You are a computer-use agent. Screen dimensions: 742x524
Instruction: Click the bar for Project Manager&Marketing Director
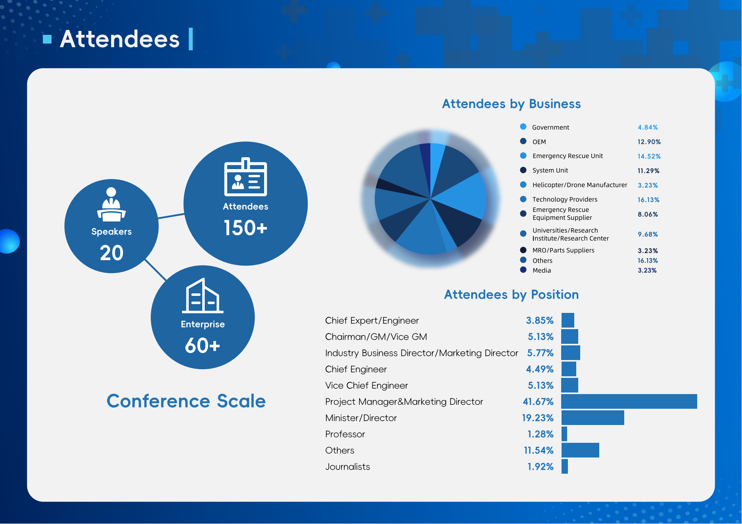click(x=629, y=401)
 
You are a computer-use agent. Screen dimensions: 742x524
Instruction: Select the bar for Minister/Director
click(x=593, y=417)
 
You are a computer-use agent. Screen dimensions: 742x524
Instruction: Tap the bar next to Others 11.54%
click(x=580, y=450)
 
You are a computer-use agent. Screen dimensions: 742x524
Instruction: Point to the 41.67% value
click(x=538, y=402)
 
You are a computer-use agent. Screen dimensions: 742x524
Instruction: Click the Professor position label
click(x=345, y=434)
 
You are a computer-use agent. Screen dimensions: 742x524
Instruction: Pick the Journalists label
click(x=348, y=467)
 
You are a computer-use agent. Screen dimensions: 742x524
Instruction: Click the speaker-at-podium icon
click(x=111, y=204)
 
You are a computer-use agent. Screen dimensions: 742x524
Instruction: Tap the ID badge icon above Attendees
click(x=245, y=177)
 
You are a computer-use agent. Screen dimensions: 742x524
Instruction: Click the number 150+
click(x=245, y=228)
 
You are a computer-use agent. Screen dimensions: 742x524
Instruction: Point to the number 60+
click(x=202, y=345)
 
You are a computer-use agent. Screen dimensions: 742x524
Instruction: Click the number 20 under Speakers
click(x=112, y=253)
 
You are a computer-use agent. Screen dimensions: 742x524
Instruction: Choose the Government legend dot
click(x=523, y=127)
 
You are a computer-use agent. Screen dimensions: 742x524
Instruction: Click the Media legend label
click(x=542, y=271)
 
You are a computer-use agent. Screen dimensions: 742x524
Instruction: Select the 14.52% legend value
click(x=649, y=156)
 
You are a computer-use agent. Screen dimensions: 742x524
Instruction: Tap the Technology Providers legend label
click(x=565, y=199)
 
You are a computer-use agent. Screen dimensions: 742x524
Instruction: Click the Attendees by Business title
click(x=512, y=104)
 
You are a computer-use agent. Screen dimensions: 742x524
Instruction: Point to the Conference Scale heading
click(x=186, y=401)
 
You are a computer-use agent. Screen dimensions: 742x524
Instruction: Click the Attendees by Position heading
click(x=512, y=295)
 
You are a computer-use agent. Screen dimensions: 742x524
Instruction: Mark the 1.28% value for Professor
click(x=541, y=434)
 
